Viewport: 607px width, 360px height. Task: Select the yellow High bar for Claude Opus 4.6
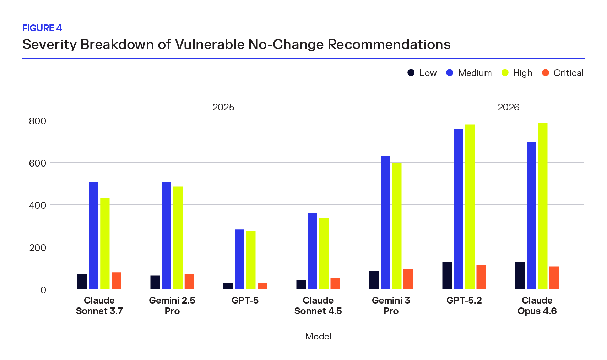(x=542, y=206)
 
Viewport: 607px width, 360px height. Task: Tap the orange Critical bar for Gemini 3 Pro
(x=408, y=279)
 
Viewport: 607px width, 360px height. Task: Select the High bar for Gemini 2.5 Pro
(x=178, y=238)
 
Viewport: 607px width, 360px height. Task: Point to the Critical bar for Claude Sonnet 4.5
(x=335, y=283)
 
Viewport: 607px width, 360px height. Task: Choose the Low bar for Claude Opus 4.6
(x=520, y=276)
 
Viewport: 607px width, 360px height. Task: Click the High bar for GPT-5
(x=251, y=260)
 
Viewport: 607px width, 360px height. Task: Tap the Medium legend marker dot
(x=450, y=73)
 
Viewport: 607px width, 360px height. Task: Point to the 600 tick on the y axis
(x=38, y=163)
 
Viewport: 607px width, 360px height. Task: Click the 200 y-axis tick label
(x=38, y=247)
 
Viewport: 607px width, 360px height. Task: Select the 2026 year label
(x=508, y=107)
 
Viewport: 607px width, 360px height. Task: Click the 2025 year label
(x=223, y=107)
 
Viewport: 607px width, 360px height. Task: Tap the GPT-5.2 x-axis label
(x=464, y=300)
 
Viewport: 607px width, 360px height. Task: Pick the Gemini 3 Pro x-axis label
(x=391, y=305)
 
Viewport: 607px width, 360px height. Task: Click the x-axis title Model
(x=318, y=336)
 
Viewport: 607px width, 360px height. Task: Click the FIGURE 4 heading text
(x=42, y=28)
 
